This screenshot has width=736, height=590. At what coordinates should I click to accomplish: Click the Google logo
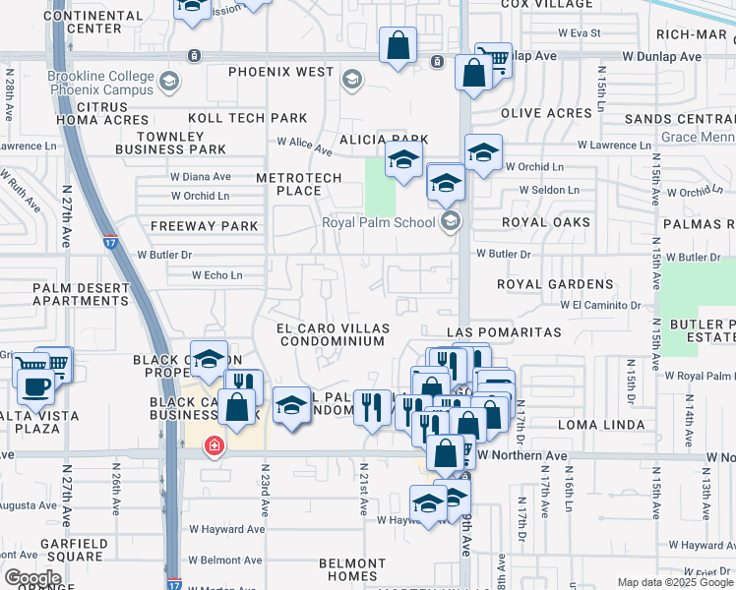(32, 578)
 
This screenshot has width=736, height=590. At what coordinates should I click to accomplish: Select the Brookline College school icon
(169, 81)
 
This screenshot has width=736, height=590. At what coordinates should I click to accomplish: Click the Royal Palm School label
(379, 222)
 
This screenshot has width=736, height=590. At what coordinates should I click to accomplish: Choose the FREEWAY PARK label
(204, 226)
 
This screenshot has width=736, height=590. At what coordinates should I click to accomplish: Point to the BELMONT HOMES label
(351, 570)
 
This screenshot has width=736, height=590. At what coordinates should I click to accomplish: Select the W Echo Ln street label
(217, 275)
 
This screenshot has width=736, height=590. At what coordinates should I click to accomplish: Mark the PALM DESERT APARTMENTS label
(81, 295)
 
